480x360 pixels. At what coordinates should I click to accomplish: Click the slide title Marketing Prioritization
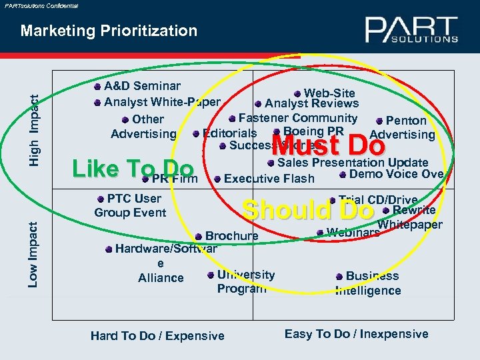tap(109, 31)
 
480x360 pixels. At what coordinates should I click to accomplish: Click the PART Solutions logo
tap(411, 30)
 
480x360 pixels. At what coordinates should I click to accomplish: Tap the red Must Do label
tap(329, 144)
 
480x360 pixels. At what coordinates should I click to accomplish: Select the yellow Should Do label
tap(308, 210)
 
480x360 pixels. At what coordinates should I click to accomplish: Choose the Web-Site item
tap(329, 93)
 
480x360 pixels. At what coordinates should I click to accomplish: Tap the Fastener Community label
tap(297, 118)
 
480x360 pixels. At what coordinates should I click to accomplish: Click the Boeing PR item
tap(313, 131)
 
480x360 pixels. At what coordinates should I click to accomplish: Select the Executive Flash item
tap(269, 179)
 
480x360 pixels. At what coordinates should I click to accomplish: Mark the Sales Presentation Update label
tap(352, 162)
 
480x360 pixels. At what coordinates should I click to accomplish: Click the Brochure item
tap(231, 236)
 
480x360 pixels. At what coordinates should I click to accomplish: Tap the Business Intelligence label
tap(370, 283)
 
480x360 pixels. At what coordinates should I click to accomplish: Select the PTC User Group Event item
tap(131, 205)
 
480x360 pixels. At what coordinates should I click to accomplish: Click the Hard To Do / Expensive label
tap(157, 336)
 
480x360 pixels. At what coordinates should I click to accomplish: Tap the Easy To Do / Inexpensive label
tap(356, 334)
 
